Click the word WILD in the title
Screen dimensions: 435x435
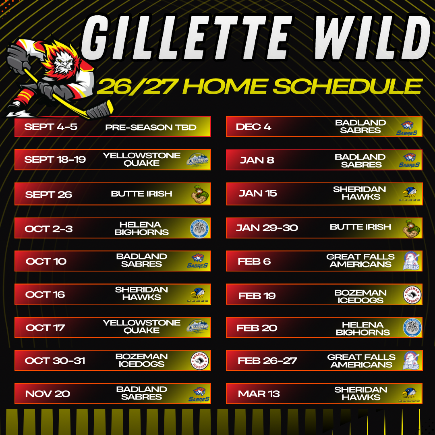pyautogui.click(x=373, y=37)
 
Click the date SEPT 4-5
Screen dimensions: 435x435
pyautogui.click(x=51, y=127)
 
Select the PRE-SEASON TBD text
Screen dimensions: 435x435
pyautogui.click(x=151, y=127)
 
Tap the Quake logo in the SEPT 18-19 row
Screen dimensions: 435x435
pyautogui.click(x=198, y=160)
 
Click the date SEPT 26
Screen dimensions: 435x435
pyautogui.click(x=49, y=195)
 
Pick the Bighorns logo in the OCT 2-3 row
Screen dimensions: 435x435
pyautogui.click(x=199, y=229)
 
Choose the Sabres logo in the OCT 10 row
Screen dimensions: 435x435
pyautogui.click(x=197, y=261)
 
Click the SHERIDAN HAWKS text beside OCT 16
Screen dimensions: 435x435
pyautogui.click(x=141, y=294)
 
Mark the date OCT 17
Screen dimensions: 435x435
pyautogui.click(x=45, y=327)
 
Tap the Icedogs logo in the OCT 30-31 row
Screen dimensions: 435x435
pyautogui.click(x=199, y=360)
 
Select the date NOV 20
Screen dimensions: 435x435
pyautogui.click(x=48, y=394)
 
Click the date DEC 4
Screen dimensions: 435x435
pyautogui.click(x=253, y=127)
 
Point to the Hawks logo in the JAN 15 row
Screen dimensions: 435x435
pyautogui.click(x=410, y=194)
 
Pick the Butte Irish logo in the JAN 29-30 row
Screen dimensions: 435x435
pyautogui.click(x=411, y=228)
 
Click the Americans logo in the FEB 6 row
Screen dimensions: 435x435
pyautogui.click(x=411, y=261)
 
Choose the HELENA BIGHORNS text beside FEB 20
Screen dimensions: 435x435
pyautogui.click(x=362, y=329)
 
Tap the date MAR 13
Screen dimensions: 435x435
pyautogui.click(x=259, y=394)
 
